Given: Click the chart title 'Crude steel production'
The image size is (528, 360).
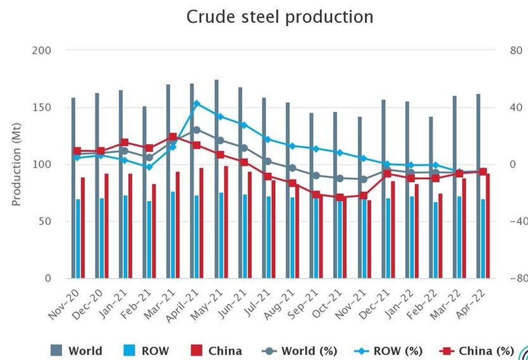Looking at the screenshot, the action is [280, 17].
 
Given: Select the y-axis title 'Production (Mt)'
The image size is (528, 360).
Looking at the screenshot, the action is [16, 164].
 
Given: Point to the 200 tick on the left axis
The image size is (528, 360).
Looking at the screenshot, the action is [41, 51].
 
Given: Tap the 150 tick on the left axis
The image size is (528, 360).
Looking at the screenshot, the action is [41, 108].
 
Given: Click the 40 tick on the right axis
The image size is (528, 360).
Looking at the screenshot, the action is [516, 108].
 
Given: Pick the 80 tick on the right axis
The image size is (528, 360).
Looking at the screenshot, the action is [516, 51].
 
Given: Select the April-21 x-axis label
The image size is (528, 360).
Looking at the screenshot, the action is [183, 306].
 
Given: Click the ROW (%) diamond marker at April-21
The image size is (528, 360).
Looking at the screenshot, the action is [197, 104].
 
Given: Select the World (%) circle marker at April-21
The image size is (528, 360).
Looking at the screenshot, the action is [197, 130].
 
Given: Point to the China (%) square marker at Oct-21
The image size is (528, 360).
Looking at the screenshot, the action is [340, 197].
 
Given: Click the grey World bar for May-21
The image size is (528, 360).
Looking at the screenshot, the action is [216, 179].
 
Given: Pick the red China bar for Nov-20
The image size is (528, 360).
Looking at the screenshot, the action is [83, 228].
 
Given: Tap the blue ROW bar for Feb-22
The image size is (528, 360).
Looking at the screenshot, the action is [435, 240].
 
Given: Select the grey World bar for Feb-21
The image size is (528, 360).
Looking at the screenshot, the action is [144, 192].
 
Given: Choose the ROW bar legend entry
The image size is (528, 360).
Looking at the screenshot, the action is [146, 351].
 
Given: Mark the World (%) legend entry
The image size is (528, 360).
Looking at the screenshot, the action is [299, 351].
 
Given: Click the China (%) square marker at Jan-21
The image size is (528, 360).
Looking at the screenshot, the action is [125, 142].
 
